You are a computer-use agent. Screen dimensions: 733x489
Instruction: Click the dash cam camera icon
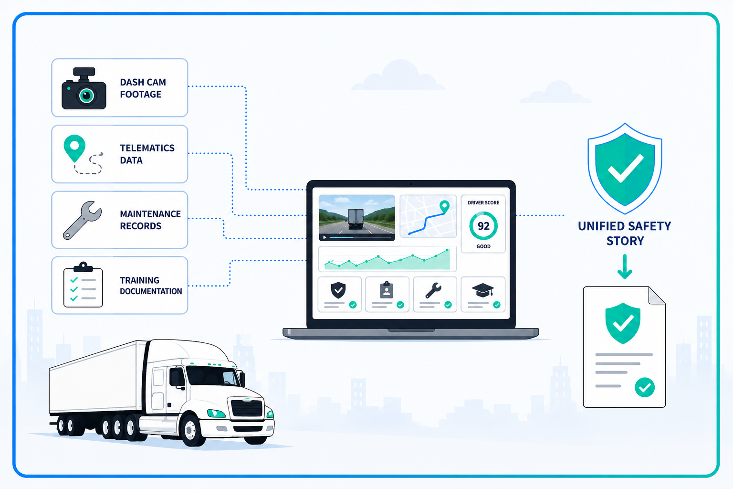click(84, 88)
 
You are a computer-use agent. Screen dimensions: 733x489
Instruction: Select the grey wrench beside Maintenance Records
click(82, 220)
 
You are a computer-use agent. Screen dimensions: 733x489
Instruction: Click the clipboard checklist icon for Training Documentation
click(83, 285)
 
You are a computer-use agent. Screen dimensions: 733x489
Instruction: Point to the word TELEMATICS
click(147, 148)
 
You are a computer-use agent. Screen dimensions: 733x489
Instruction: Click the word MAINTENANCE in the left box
click(150, 214)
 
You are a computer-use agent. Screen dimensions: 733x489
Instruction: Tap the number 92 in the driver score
click(483, 226)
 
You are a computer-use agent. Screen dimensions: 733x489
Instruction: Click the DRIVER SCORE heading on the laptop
click(483, 203)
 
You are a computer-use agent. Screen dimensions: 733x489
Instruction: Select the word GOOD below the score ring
click(483, 246)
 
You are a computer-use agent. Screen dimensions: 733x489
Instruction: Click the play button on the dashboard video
click(325, 237)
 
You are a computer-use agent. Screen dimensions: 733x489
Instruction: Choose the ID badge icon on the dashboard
click(387, 289)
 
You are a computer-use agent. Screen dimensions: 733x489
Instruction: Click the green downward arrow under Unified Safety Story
click(625, 266)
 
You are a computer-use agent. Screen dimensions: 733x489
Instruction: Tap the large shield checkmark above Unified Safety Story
click(625, 169)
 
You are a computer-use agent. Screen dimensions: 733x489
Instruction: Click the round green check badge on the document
click(645, 387)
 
